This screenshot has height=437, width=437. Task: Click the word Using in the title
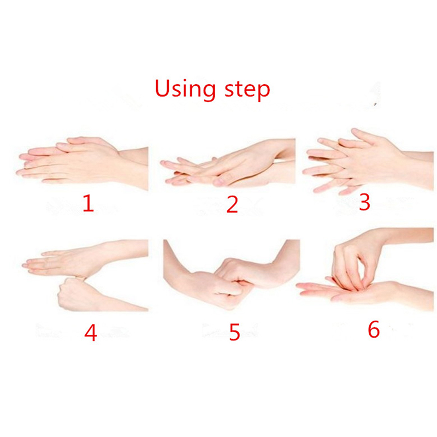[185, 89]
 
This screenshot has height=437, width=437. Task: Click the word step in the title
[247, 90]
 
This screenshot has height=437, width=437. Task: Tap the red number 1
[88, 203]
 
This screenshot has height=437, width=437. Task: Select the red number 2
[232, 204]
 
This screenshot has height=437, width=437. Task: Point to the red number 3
[364, 202]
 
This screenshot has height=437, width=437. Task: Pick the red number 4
[91, 333]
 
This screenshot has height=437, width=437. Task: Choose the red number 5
[234, 332]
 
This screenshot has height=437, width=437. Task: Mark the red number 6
[374, 329]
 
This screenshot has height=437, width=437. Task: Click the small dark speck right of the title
[375, 104]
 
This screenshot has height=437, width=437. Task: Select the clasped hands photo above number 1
[82, 163]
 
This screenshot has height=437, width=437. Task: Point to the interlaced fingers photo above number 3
[368, 161]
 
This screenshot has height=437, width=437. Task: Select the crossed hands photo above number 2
[228, 163]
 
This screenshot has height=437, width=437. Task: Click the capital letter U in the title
[163, 88]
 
